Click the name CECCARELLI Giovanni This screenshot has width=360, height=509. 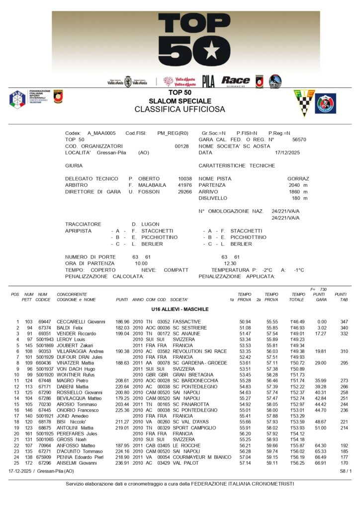(x=81, y=322)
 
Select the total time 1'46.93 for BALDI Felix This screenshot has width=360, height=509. (x=297, y=328)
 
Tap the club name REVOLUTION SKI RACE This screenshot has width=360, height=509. (x=199, y=351)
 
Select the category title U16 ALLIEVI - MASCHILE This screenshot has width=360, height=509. (x=180, y=309)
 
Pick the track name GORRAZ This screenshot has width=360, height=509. (x=298, y=178)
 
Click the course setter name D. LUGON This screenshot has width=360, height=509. (x=146, y=224)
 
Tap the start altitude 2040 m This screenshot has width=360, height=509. (x=298, y=185)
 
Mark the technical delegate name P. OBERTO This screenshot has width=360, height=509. (x=144, y=178)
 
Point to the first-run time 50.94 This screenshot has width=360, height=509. (x=245, y=322)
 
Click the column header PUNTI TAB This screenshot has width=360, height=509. (x=341, y=297)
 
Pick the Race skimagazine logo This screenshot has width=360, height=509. (x=236, y=81)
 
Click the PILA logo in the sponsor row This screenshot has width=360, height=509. (x=208, y=82)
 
